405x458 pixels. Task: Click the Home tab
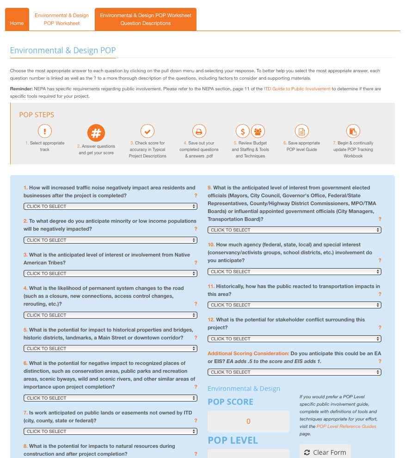[17, 23]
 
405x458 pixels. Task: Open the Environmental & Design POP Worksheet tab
[61, 19]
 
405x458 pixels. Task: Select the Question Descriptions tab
[146, 19]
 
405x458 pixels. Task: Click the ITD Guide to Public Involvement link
[297, 89]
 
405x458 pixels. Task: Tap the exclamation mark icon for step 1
[44, 132]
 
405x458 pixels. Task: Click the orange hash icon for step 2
[96, 133]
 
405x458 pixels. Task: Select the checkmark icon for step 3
[147, 132]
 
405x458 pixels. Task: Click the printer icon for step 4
[199, 132]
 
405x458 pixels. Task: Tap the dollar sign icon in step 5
[243, 132]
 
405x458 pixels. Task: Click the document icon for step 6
[301, 132]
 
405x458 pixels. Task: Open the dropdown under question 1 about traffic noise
[110, 207]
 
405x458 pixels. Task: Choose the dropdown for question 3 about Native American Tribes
[110, 274]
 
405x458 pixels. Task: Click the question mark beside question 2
[196, 229]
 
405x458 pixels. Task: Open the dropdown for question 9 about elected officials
[295, 230]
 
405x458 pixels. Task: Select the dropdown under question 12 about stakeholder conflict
[295, 339]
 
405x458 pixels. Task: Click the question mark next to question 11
[380, 294]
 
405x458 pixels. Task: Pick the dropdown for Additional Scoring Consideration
[295, 372]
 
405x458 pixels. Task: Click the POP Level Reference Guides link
[346, 427]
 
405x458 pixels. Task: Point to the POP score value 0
[248, 421]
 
